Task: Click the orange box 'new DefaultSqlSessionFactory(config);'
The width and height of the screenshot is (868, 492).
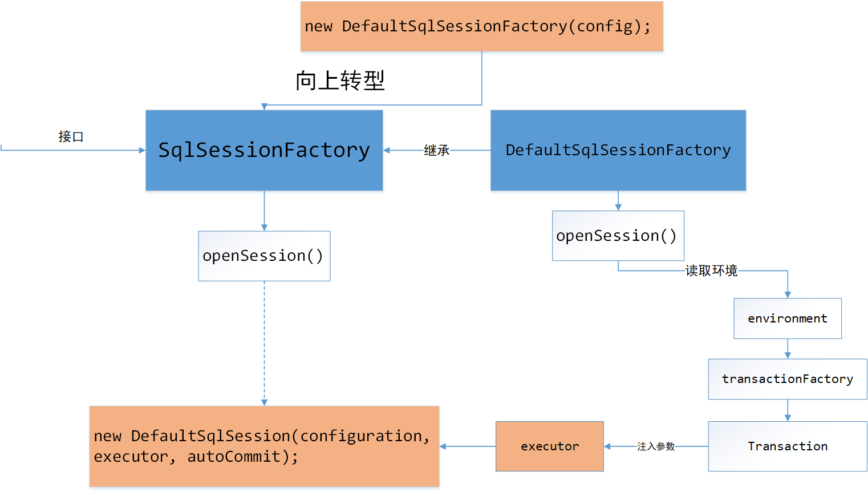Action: tap(481, 26)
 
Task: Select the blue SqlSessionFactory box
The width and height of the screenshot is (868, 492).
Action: tap(264, 150)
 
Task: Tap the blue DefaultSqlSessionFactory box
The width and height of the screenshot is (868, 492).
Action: tap(618, 150)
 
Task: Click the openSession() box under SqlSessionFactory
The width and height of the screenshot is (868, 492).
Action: tap(264, 256)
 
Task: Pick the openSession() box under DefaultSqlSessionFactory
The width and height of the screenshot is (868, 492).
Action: tap(618, 236)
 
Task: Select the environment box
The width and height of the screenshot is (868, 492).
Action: tap(787, 318)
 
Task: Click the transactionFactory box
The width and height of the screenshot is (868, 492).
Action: tap(787, 379)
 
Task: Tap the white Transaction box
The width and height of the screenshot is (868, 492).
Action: tap(787, 446)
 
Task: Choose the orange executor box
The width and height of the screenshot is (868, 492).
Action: tap(549, 446)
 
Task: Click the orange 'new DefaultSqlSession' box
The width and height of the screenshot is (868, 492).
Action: tap(264, 446)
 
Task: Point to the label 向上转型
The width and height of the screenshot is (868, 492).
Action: tap(340, 80)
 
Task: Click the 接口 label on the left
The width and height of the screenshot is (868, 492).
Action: tap(71, 137)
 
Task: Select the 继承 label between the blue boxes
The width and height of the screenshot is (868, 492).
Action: tap(436, 151)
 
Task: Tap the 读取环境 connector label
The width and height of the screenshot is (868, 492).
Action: tap(711, 271)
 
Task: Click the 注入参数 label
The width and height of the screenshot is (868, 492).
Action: tap(656, 446)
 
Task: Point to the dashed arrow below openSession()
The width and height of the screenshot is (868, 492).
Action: tap(264, 342)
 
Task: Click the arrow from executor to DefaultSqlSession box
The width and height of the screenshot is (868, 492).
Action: tap(468, 446)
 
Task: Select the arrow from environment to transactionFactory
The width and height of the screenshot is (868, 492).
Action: tap(788, 349)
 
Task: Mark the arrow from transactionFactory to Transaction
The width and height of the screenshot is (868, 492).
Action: tap(788, 410)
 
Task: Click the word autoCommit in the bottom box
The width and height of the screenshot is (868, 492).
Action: tap(234, 457)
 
